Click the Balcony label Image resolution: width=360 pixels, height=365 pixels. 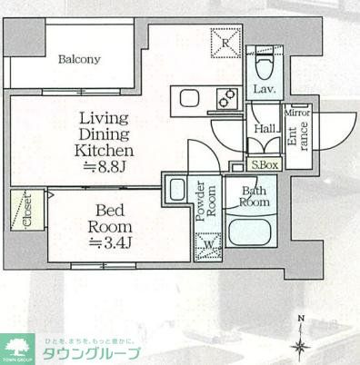click(x=79, y=60)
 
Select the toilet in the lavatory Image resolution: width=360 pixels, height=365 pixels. click(x=265, y=61)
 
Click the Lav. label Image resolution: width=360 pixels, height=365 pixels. click(x=265, y=89)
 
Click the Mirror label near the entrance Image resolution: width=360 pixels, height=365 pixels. click(x=297, y=113)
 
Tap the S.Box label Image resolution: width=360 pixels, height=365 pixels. click(x=265, y=165)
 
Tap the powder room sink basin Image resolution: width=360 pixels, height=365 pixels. click(x=176, y=191)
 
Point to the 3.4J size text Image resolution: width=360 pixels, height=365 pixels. click(x=111, y=242)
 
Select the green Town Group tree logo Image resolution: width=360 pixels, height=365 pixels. click(x=19, y=347)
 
